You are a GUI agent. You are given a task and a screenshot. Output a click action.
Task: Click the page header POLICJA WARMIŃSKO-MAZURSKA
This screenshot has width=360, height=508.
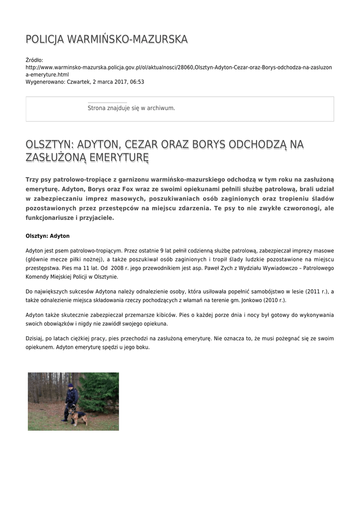click(x=107, y=39)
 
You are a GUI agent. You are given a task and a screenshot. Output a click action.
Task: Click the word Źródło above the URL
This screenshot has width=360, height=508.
click(x=34, y=60)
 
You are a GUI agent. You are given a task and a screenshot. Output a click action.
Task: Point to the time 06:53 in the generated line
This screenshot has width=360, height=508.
click(x=137, y=82)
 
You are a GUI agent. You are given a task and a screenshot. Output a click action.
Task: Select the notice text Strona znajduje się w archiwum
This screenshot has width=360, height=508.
click(x=131, y=108)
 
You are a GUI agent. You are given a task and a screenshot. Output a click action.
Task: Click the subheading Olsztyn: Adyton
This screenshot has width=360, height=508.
click(x=48, y=236)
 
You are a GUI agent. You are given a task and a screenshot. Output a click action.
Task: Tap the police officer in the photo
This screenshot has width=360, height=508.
click(x=71, y=400)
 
